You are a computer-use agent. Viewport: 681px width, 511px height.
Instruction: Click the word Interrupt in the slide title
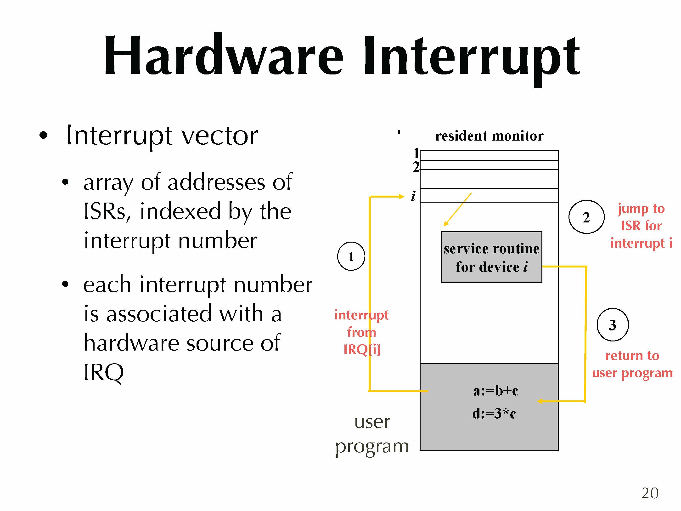point(471,57)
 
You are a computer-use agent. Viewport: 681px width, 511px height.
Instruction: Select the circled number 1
point(351,256)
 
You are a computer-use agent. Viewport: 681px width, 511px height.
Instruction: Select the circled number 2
point(586,217)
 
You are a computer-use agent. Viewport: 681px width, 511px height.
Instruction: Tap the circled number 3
point(612,325)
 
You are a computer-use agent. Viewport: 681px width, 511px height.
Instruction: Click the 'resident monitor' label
point(489,136)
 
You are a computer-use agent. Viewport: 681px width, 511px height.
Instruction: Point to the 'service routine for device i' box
point(491,257)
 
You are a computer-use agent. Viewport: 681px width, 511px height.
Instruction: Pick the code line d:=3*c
point(494,413)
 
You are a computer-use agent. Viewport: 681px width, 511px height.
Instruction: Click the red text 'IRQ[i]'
point(362,349)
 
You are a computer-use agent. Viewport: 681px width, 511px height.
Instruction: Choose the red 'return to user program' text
point(632,364)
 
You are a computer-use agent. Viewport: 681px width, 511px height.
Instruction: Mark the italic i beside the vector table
point(413,196)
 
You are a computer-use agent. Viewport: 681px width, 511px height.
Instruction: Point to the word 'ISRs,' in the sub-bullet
point(107,211)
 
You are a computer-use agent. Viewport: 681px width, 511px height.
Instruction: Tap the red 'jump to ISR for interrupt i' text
point(641,226)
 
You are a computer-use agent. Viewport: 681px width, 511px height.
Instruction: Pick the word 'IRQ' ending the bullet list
point(104,372)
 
